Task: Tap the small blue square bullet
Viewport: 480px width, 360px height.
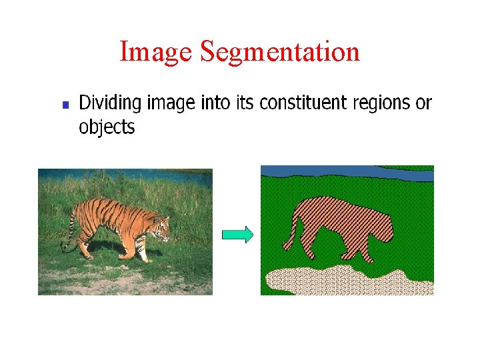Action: pos(65,105)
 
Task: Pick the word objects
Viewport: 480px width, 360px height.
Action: pos(107,127)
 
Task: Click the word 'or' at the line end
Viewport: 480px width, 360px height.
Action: pos(424,104)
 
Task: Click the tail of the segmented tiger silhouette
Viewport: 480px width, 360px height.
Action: pos(289,233)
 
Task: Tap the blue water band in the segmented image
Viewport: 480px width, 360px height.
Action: pos(347,172)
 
